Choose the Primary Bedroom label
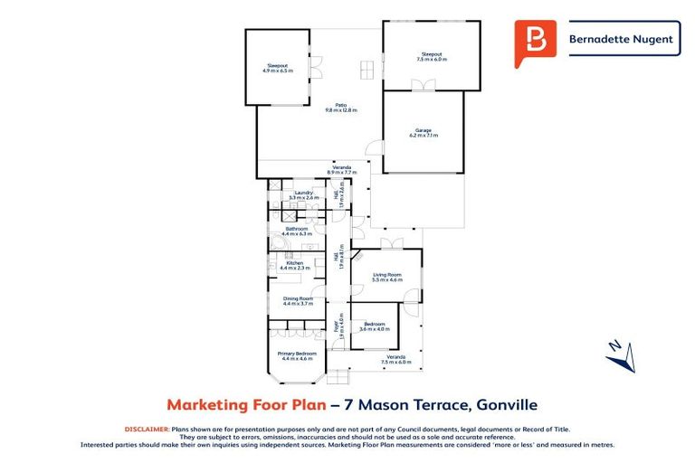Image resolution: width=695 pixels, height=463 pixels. pos(297,355)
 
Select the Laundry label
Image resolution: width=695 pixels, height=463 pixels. pos(301,194)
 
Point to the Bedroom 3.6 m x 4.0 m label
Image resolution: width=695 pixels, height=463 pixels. pos(373,326)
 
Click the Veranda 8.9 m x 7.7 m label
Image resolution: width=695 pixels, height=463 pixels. pos(341,169)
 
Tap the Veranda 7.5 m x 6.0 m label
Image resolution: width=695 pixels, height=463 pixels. pos(395,359)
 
